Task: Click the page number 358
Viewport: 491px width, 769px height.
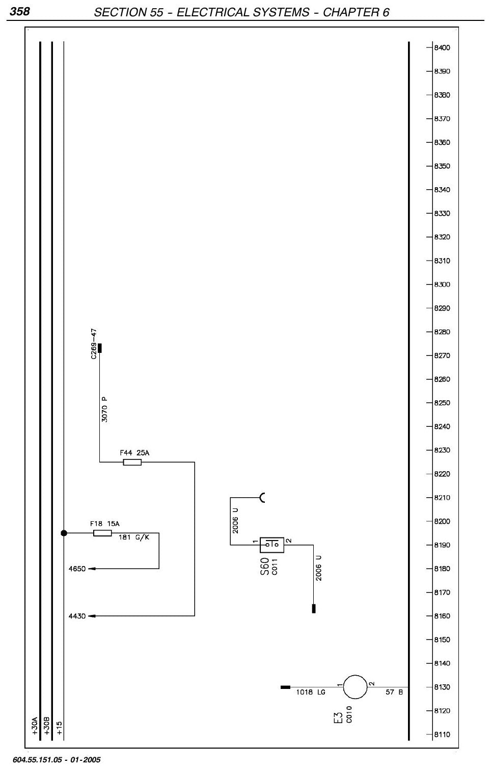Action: [x=19, y=11]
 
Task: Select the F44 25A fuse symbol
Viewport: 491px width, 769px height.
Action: [x=132, y=462]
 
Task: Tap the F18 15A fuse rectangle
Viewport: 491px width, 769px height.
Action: [x=102, y=533]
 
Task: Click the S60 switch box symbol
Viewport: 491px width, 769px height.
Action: [x=272, y=545]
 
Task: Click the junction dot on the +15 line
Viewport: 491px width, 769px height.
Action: [x=64, y=533]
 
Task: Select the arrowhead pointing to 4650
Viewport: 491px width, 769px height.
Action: [x=92, y=569]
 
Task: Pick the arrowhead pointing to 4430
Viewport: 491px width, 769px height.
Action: [x=92, y=616]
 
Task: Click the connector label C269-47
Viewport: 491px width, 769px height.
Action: [x=94, y=344]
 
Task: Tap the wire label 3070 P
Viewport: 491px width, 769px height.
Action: [x=104, y=409]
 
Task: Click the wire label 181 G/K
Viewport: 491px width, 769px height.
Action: [x=134, y=537]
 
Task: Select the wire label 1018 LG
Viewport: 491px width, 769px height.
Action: [x=311, y=692]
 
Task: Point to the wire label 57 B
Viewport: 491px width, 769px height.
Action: [x=394, y=692]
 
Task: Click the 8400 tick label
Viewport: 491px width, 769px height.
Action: [x=442, y=48]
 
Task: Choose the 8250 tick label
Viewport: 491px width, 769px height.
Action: [x=442, y=403]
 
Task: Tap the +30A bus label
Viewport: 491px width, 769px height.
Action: [x=35, y=726]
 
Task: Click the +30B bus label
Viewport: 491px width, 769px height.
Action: [x=47, y=726]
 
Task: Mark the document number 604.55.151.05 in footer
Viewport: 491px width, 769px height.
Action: [x=37, y=760]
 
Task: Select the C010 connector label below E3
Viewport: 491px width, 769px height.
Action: [x=349, y=714]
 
